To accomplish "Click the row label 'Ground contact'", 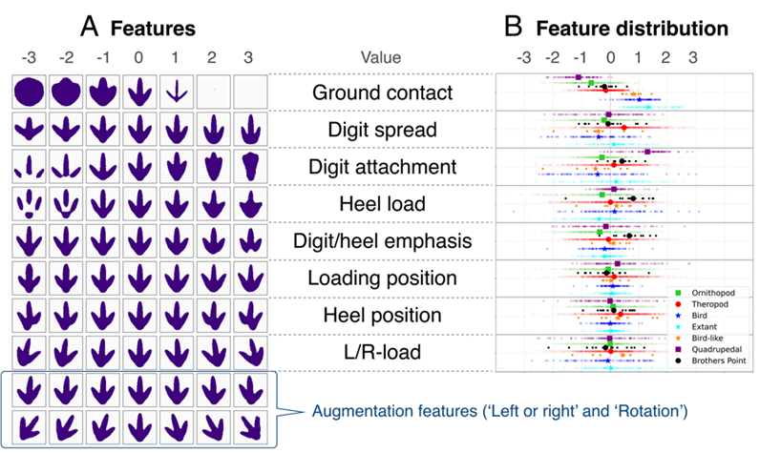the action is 383,93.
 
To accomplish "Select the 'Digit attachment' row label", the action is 383,167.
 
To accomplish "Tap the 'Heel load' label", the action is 383,204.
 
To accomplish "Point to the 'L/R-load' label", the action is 383,352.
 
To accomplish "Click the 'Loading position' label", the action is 383,278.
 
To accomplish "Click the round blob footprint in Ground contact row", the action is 29,92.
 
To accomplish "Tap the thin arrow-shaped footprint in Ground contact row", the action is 176,91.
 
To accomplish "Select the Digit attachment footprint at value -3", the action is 29,167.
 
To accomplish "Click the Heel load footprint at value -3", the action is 29,204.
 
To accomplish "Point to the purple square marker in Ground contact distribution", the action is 579,77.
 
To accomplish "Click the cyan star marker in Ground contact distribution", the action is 648,107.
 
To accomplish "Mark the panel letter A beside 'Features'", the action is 89,26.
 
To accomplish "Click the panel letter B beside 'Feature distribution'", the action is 514,26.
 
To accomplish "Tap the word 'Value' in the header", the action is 381,57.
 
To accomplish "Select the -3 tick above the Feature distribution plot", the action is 523,57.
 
